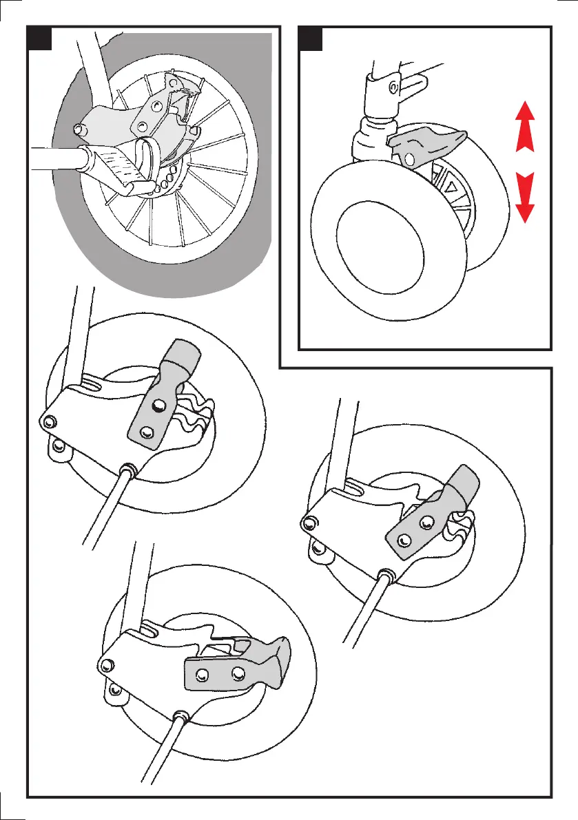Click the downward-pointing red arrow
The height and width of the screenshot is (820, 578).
point(525,198)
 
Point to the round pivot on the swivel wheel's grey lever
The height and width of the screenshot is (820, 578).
point(411,159)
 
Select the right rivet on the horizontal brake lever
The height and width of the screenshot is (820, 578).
point(238,671)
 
